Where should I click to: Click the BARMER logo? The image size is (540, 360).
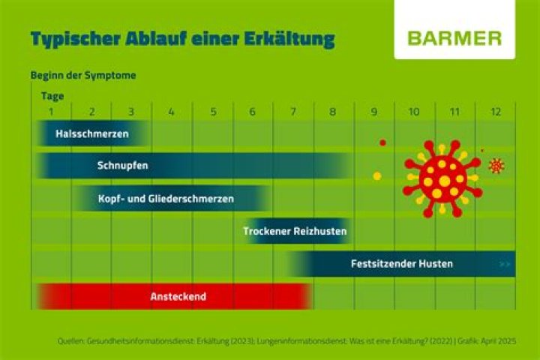click(x=455, y=38)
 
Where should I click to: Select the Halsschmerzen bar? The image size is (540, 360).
click(x=92, y=134)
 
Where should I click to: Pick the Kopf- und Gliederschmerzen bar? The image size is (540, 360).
click(x=166, y=199)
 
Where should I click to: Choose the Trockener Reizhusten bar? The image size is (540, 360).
click(x=295, y=231)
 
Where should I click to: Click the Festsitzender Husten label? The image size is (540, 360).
click(x=401, y=264)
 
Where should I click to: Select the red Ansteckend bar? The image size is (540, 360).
click(x=178, y=296)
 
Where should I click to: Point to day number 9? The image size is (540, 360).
click(x=373, y=112)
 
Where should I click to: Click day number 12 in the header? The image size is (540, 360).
click(x=496, y=112)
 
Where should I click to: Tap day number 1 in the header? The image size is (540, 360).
click(x=50, y=112)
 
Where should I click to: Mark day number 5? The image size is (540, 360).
click(x=213, y=112)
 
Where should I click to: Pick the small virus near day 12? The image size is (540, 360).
click(x=496, y=166)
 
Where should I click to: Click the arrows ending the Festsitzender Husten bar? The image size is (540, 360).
click(x=505, y=264)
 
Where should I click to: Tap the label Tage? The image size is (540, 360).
click(x=52, y=96)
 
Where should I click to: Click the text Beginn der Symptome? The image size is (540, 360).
click(x=82, y=76)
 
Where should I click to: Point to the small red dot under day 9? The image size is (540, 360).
click(x=382, y=142)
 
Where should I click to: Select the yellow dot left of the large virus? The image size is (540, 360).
click(x=377, y=176)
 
